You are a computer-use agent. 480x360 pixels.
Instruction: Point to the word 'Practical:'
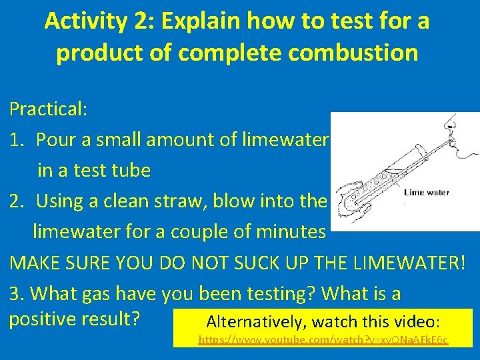tap(49, 109)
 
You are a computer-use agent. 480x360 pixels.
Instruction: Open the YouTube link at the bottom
tap(324, 341)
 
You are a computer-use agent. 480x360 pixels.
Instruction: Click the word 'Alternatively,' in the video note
tap(251, 322)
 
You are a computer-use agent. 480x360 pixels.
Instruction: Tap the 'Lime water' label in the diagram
tap(427, 193)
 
